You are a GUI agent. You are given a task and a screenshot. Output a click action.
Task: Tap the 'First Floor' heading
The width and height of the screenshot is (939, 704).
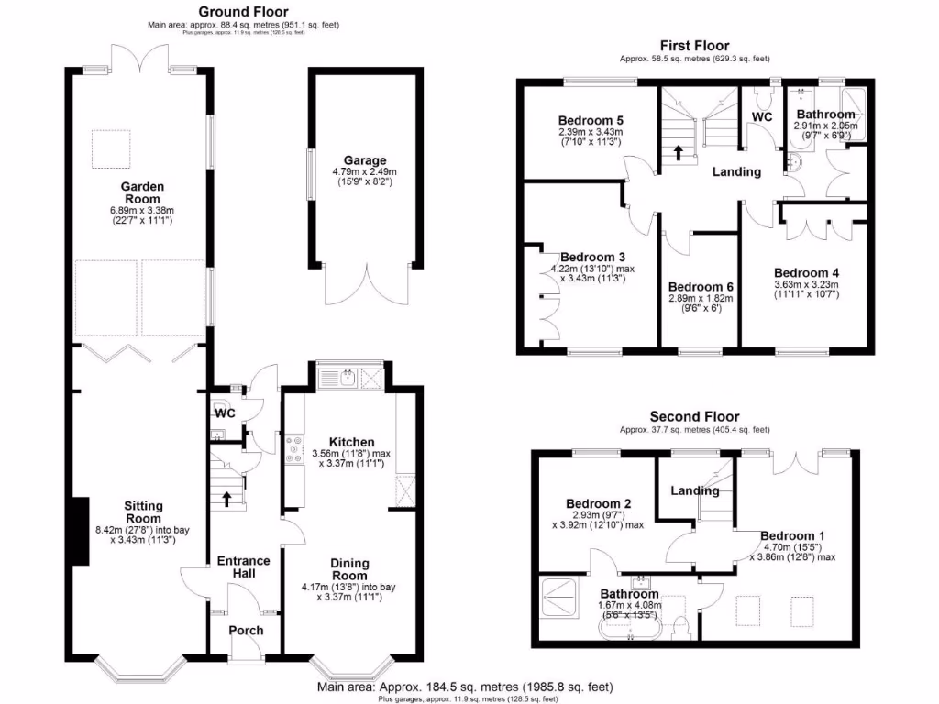[695, 46]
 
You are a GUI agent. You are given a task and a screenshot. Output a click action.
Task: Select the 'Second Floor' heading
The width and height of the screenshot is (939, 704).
[694, 416]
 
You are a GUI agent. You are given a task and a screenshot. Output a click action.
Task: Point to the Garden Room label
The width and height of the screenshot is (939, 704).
[141, 192]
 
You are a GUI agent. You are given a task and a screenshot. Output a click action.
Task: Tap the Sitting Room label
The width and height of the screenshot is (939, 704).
[143, 511]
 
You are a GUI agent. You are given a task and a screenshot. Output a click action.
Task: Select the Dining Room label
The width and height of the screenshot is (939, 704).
[349, 569]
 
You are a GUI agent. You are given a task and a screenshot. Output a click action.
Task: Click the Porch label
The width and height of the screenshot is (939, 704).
[245, 630]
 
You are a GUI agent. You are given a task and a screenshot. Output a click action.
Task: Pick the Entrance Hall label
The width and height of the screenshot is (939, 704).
[243, 566]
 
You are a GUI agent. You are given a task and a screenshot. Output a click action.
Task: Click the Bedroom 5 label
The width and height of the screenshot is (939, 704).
[591, 120]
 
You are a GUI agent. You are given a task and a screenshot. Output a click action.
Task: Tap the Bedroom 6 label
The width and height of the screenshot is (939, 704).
[700, 285]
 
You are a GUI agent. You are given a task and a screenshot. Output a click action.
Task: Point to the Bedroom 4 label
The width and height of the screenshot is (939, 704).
[806, 272]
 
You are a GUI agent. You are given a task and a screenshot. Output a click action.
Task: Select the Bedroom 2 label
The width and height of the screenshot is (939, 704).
[598, 503]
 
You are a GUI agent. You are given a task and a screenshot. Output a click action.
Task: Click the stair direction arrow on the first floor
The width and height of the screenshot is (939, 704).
[679, 151]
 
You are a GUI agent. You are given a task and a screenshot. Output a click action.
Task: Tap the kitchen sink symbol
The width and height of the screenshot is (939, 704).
[349, 377]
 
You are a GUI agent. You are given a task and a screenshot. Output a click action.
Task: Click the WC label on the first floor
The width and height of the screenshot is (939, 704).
[762, 116]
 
